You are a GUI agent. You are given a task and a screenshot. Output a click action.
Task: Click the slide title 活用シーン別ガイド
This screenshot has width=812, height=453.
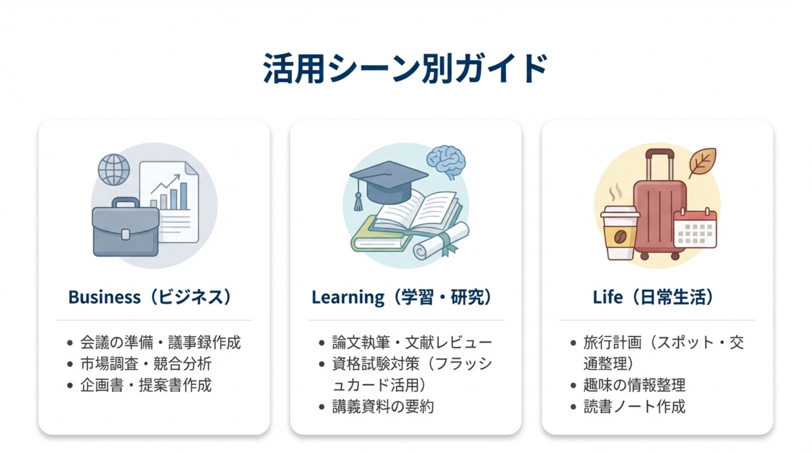point(406,69)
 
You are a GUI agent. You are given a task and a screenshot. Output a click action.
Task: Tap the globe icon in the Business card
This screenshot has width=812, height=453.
point(114,169)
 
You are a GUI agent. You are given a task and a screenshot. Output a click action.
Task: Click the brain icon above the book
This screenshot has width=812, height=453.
point(446,161)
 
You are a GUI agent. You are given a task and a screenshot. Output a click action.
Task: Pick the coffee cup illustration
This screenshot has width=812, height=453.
point(620,233)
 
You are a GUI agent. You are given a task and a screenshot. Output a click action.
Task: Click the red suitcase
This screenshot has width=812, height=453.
point(659,204)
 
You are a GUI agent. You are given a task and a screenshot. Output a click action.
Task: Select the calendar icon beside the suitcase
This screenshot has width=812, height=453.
point(695,228)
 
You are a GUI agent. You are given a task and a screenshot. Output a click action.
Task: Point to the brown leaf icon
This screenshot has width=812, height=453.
point(702,162)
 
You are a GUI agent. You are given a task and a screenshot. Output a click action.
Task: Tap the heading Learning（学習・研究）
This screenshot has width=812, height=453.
point(402,297)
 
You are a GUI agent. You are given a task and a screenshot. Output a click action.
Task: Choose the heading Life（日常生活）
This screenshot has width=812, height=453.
point(653,297)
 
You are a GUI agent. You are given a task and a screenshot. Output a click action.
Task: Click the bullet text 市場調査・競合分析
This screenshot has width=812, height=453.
point(146,364)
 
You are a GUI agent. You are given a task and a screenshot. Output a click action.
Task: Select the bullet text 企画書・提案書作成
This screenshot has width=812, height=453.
point(146,385)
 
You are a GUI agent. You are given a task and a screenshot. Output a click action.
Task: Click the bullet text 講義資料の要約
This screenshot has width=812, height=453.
point(383,406)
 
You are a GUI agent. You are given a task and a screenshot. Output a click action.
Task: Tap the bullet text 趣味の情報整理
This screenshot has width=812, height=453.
point(634,385)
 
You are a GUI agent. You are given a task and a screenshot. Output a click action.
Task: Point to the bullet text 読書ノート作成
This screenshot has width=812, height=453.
point(634,406)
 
